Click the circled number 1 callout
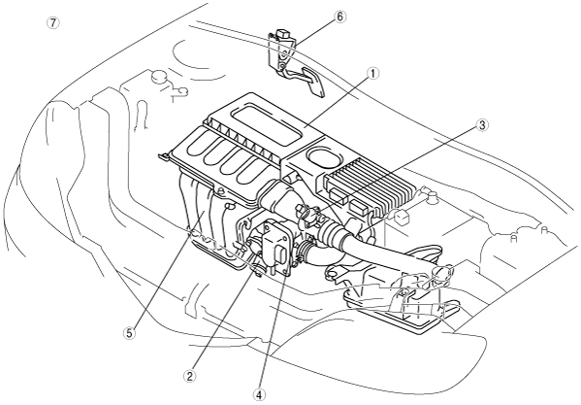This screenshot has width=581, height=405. pos(373,74)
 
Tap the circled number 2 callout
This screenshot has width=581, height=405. pos(190,377)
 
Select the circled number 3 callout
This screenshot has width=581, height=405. pos(482,125)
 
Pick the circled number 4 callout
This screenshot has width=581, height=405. pos(259,395)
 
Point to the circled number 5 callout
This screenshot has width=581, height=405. pos(129,333)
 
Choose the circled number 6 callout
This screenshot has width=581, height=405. pos(339,17)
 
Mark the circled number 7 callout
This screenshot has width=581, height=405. pos(52,22)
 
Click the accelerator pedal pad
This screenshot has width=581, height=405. pos(313,83)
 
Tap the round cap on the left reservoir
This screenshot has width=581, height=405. pos(159,77)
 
